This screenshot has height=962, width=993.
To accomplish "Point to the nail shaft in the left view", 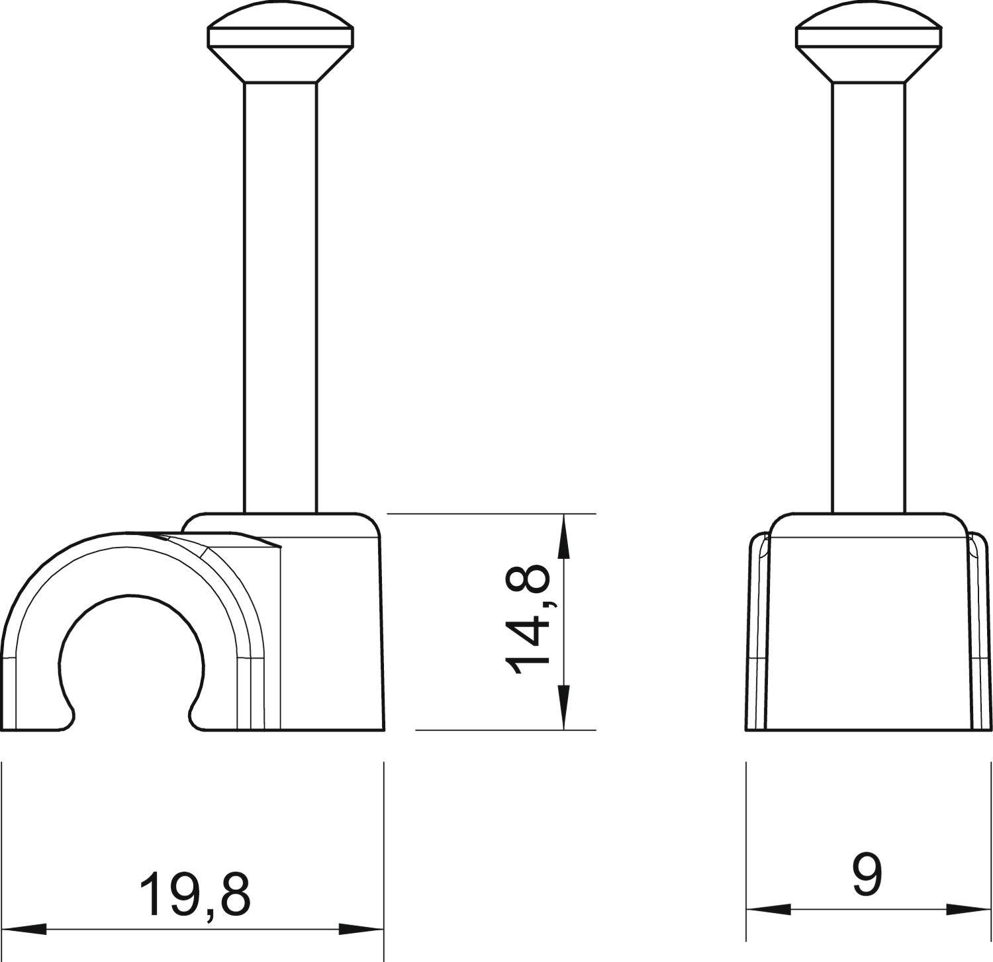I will tap(281, 298).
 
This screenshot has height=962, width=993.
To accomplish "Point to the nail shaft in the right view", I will tap(869, 298).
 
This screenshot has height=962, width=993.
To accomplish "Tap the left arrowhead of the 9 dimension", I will tap(768, 909).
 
